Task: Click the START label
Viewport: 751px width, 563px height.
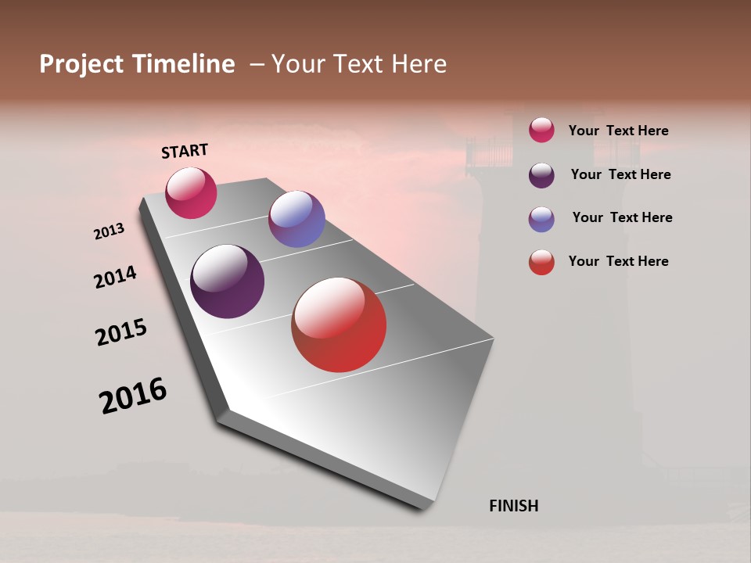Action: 185,151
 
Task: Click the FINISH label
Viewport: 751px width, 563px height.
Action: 513,506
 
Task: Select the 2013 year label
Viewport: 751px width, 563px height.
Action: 110,231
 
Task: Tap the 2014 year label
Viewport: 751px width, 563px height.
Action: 115,277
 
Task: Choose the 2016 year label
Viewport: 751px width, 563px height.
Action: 133,396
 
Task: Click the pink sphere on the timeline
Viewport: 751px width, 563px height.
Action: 191,192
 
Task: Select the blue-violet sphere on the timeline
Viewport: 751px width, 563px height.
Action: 296,219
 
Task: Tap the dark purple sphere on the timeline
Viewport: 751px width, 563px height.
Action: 227,281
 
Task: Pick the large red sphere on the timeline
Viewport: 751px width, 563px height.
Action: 339,325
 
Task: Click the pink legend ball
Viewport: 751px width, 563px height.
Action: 541,130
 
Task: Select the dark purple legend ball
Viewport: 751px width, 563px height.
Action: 541,174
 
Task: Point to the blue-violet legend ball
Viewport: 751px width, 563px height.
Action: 541,219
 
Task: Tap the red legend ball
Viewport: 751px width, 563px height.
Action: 541,262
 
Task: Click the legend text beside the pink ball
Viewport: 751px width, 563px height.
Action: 618,131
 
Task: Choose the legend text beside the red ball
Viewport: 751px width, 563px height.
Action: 618,261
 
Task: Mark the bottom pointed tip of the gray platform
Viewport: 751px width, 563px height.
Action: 425,508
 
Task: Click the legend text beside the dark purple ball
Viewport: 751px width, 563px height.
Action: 620,174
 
